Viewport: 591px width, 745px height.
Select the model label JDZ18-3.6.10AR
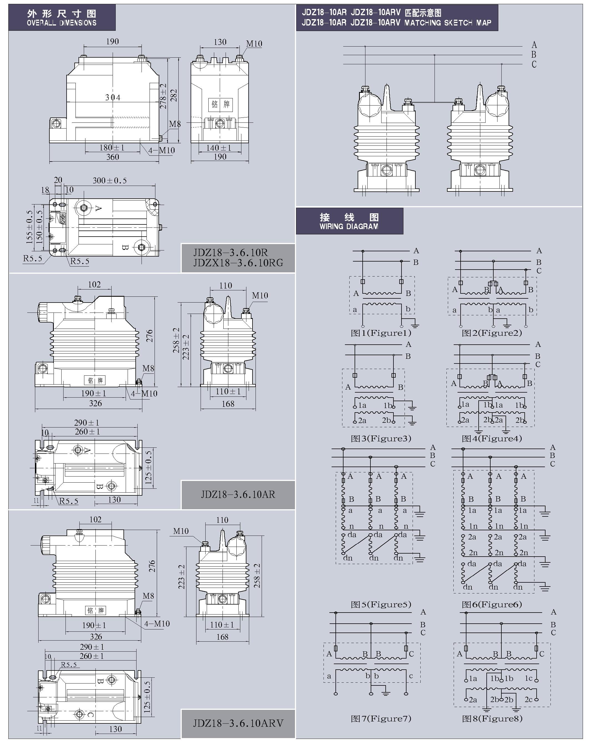point(238,495)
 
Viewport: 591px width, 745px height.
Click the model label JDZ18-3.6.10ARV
point(238,723)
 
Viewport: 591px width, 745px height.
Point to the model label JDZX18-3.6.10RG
point(238,263)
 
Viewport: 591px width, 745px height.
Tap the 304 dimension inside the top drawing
point(113,98)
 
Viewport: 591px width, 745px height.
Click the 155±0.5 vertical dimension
point(29,227)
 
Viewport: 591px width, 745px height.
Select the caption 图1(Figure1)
point(381,333)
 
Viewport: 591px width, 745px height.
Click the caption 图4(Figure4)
point(492,439)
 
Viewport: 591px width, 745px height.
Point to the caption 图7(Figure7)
point(381,719)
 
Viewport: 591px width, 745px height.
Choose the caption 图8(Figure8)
point(492,719)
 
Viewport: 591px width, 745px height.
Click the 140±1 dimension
point(219,148)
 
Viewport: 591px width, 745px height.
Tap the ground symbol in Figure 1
point(415,325)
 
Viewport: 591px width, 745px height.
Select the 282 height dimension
point(174,96)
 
